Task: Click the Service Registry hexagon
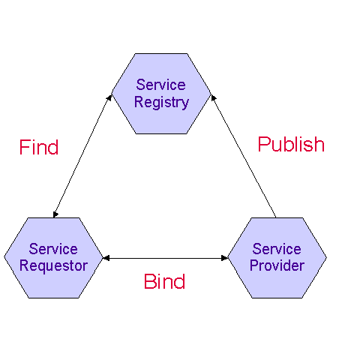click(x=161, y=94)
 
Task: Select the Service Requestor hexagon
click(x=53, y=258)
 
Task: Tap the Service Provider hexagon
click(x=277, y=258)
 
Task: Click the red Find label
click(x=39, y=147)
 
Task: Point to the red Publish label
click(x=291, y=144)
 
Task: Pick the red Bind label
click(x=164, y=281)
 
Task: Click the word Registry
click(x=161, y=103)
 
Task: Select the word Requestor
click(x=53, y=266)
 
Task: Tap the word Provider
click(x=277, y=265)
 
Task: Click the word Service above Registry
click(x=160, y=85)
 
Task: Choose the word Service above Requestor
click(x=53, y=249)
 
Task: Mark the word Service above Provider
click(x=277, y=249)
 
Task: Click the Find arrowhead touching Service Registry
click(x=109, y=97)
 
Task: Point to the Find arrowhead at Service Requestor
click(x=55, y=214)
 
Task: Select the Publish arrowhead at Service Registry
click(x=213, y=97)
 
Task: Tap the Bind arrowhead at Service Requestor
click(x=106, y=258)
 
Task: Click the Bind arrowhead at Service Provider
click(x=224, y=258)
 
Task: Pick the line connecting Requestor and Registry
click(x=82, y=156)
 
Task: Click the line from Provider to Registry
click(x=243, y=156)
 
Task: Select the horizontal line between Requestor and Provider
click(x=165, y=258)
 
